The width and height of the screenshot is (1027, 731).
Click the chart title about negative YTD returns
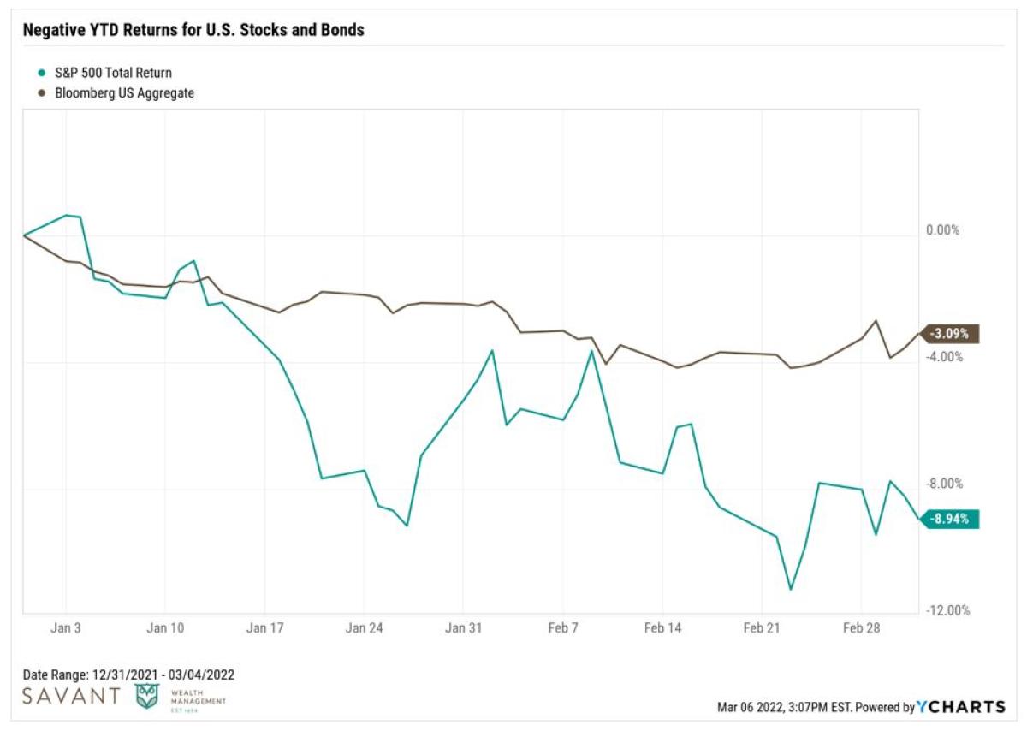(193, 30)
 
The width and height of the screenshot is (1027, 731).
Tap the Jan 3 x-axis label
(66, 627)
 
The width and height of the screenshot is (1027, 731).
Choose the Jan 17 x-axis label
(264, 627)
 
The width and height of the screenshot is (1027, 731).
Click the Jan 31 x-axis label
(463, 627)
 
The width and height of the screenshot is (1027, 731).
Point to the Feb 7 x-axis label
(563, 627)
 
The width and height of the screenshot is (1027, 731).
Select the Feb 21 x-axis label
(762, 627)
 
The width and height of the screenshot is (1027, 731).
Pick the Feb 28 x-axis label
(861, 627)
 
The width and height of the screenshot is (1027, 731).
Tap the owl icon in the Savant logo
(146, 696)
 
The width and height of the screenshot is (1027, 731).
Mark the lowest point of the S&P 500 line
(790, 589)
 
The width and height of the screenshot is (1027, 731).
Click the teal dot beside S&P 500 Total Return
(31, 74)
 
